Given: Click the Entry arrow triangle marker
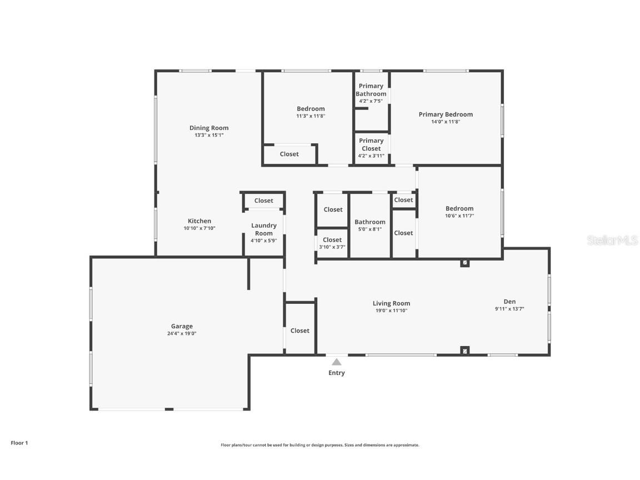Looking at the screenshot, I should coord(336,362).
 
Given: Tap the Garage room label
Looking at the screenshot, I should coord(182,326).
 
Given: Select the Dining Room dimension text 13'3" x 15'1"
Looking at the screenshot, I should coord(209,135).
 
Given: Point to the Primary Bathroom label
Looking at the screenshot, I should coord(371,89).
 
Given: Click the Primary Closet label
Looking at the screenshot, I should coord(371,144).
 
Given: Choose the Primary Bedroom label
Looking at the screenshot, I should coord(446,114).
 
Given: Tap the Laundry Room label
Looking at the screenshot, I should coord(264,229).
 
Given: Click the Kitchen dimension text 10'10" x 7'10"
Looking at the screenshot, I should coord(199,228).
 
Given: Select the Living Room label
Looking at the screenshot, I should coord(391,303).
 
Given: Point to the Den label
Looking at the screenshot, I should coord(509,302).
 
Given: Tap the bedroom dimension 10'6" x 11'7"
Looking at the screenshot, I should coord(459,216).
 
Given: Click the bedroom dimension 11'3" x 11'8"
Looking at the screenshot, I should coord(311,116).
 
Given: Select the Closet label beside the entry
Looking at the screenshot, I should coord(300,331).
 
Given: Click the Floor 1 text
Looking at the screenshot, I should coord(19,443).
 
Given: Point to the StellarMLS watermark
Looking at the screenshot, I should coord(614,241).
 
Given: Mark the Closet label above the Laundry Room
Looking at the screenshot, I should coord(264,201).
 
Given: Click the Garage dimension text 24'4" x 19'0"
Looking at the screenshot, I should coord(182,333).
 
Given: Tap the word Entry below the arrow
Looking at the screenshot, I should coord(336,373).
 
